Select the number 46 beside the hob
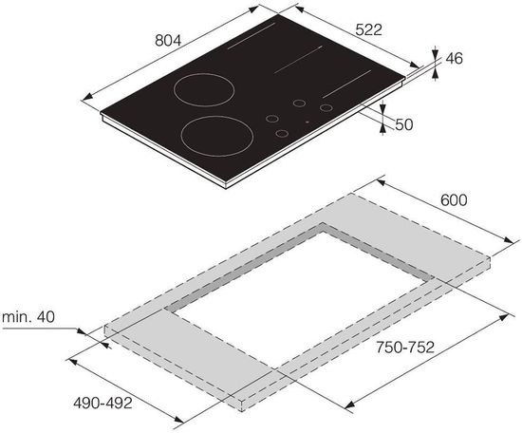click(453, 59)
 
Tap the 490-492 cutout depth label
click(102, 403)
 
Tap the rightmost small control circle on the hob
click(326, 108)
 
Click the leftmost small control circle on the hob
click(270, 121)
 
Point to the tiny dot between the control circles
click(307, 122)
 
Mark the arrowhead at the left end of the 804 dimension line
click(86, 96)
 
